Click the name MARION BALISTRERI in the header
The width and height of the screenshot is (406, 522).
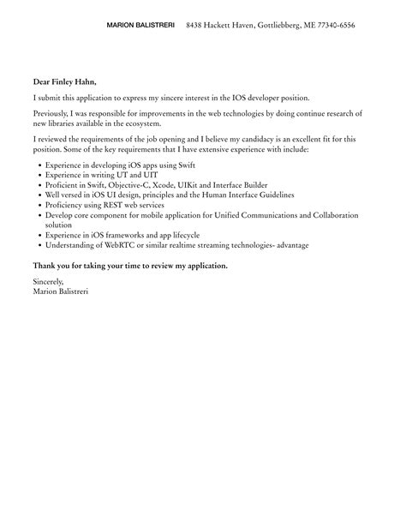[141, 26]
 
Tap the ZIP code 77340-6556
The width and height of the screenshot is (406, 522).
[333, 26]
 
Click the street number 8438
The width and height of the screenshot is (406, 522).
[196, 26]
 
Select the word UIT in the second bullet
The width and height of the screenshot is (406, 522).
[129, 173]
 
